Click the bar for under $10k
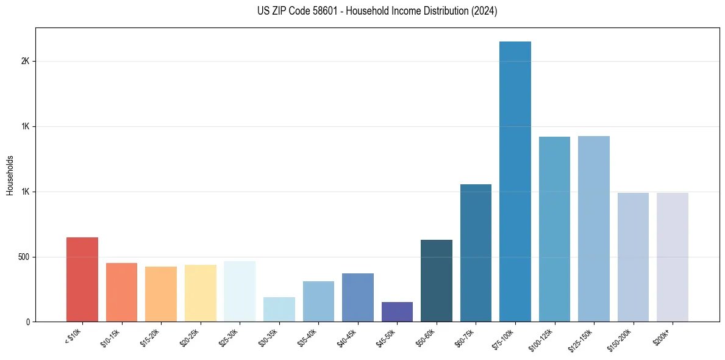click(x=82, y=279)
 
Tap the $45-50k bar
click(x=397, y=312)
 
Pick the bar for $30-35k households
click(x=279, y=309)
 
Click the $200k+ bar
click(x=673, y=257)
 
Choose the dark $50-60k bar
click(x=437, y=281)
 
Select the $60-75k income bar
click(x=476, y=253)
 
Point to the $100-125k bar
click(x=554, y=229)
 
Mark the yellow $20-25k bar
click(x=201, y=293)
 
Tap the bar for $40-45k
click(x=358, y=297)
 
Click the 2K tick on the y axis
click(x=26, y=61)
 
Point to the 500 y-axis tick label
click(x=23, y=257)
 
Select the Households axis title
click(x=10, y=175)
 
